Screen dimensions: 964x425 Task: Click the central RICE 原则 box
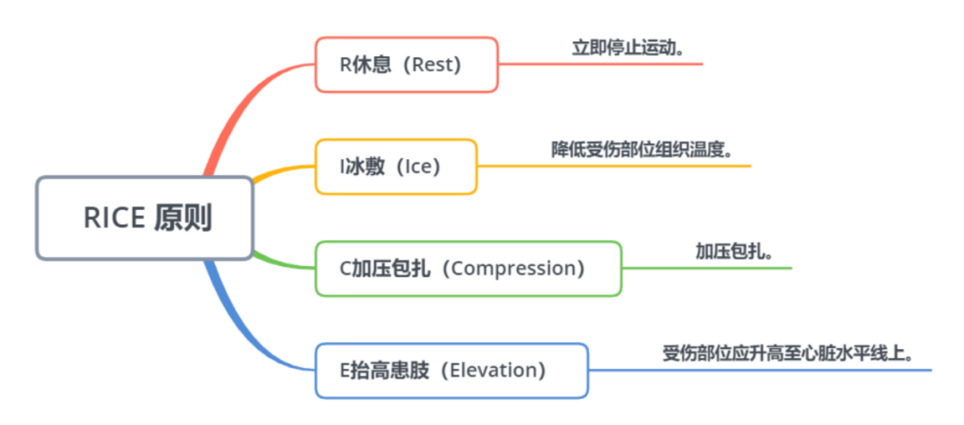click(x=145, y=218)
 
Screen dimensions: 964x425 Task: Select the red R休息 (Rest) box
click(x=406, y=64)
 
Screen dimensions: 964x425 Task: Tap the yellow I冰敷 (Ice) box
click(x=396, y=167)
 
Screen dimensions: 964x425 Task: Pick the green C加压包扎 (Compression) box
click(x=469, y=269)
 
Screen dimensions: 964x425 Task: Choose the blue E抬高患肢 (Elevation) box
click(x=452, y=371)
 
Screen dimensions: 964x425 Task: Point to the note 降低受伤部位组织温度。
click(x=642, y=151)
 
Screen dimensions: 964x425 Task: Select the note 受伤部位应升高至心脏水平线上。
click(x=787, y=354)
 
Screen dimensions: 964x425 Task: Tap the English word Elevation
click(x=493, y=371)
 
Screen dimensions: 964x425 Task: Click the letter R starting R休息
click(x=345, y=65)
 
